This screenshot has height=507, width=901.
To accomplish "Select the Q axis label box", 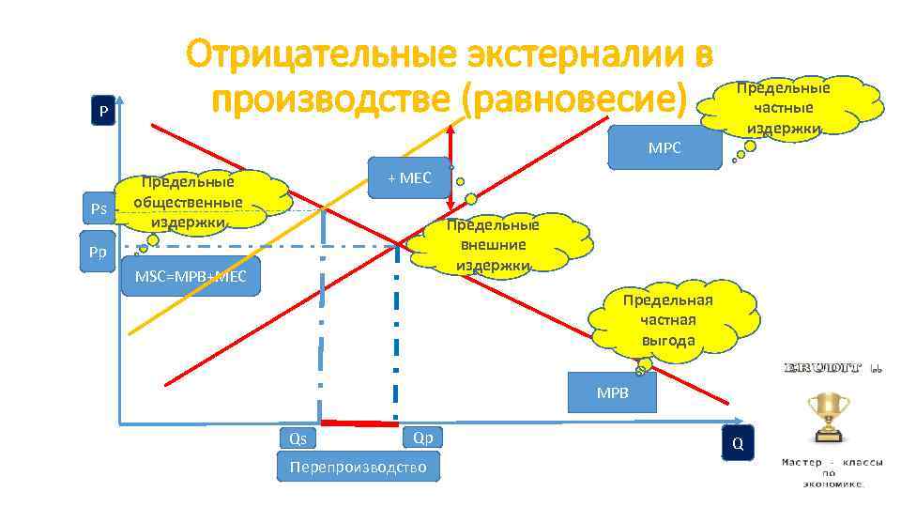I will (x=737, y=443).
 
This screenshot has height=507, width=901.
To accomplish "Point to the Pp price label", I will (x=98, y=253).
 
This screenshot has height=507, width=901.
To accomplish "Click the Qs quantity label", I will (x=298, y=438).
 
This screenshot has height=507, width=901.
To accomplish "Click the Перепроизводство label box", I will (x=359, y=467).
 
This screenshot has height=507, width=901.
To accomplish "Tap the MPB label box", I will (x=613, y=392).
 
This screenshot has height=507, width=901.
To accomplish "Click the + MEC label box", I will (x=409, y=177).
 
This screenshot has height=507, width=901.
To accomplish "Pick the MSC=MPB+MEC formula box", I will (x=191, y=276).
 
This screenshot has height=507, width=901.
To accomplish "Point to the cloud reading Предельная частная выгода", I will (x=668, y=319).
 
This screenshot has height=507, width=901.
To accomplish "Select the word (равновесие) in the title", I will (x=574, y=98).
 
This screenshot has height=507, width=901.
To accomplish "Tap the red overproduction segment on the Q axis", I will (x=358, y=422).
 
